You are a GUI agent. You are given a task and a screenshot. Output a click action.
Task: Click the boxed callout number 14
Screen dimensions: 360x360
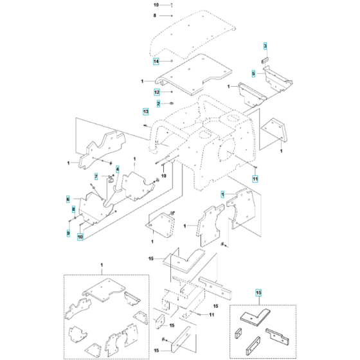click(156, 62)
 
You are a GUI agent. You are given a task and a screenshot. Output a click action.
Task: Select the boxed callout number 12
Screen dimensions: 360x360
click(156, 93)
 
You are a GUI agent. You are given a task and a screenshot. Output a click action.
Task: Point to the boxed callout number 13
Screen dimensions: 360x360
click(145, 111)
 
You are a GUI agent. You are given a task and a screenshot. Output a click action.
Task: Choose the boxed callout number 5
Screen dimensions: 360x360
click(253, 74)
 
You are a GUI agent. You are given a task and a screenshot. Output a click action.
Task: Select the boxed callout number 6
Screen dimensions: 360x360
click(67, 200)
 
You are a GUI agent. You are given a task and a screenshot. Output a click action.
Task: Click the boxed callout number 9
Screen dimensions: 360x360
click(67, 232)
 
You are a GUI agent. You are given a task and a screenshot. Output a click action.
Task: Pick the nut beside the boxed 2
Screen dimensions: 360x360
click(172, 104)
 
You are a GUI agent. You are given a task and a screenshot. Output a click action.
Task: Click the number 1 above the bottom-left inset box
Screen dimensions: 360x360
click(100, 265)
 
